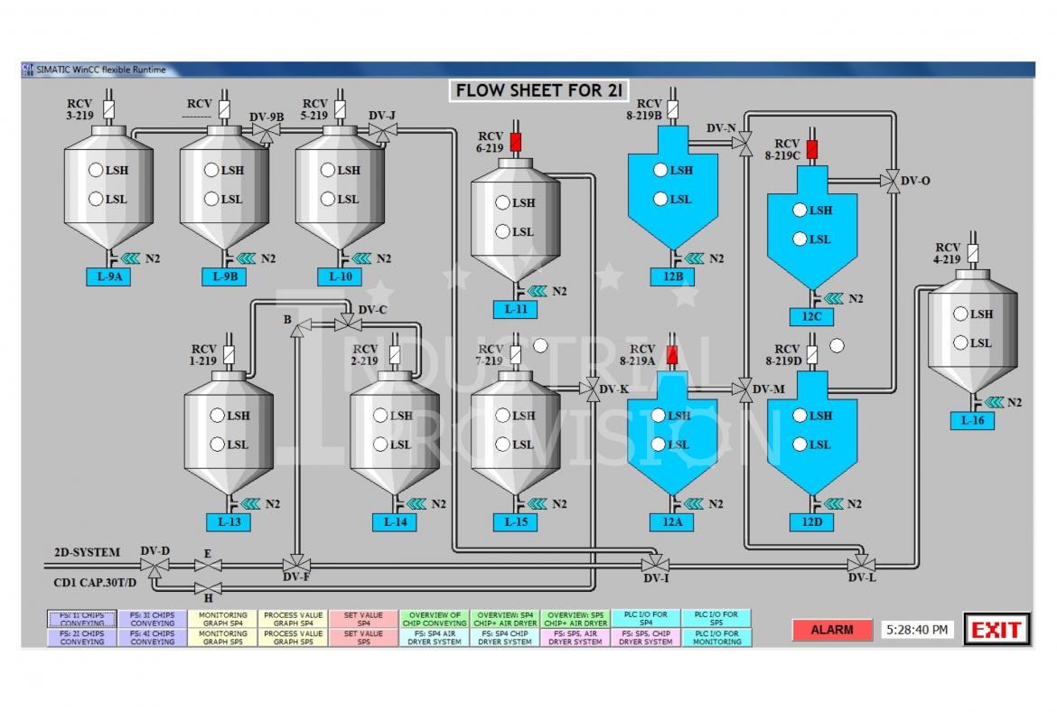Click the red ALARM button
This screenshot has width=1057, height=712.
click(x=831, y=630)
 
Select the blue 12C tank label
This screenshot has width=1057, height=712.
click(x=810, y=316)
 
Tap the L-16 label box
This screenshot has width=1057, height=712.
click(x=972, y=420)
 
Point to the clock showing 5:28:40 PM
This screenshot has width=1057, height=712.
click(x=917, y=629)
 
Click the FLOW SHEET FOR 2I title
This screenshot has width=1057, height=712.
click(x=541, y=90)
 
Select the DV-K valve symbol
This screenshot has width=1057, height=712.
click(x=592, y=389)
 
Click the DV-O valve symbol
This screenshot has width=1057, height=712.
click(x=891, y=181)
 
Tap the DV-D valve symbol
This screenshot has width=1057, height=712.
click(x=156, y=567)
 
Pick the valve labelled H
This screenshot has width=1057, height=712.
click(x=208, y=589)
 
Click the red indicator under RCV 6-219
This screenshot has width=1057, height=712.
click(x=516, y=143)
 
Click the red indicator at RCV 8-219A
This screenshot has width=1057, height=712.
click(x=671, y=355)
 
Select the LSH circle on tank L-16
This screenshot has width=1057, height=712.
click(x=959, y=314)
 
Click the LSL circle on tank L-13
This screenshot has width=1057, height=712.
click(x=217, y=445)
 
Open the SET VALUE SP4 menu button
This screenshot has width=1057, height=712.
click(x=363, y=619)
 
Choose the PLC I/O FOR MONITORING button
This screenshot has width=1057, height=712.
click(x=716, y=638)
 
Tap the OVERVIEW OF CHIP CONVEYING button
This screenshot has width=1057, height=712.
click(x=434, y=619)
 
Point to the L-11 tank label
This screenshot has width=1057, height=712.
click(x=515, y=310)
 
